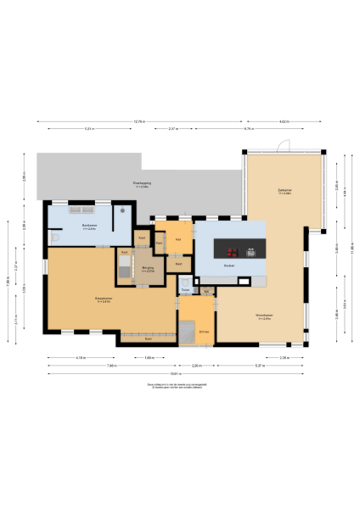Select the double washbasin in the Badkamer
[x=82, y=210]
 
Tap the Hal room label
[x=178, y=238]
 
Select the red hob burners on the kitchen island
[x=232, y=251]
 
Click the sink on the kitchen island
[x=252, y=251]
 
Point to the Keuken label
[x=228, y=266]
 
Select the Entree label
[x=204, y=330]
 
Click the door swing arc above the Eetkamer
[x=286, y=145]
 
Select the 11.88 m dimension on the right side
[x=350, y=248]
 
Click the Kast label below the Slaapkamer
[x=148, y=338]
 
